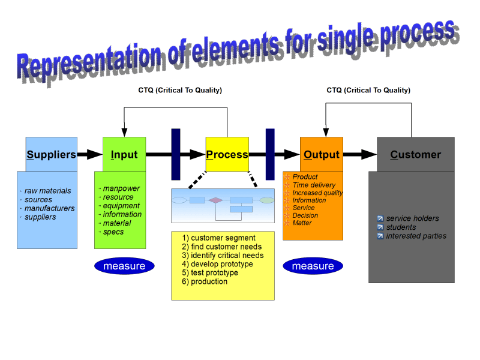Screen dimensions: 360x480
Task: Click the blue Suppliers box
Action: tap(51, 154)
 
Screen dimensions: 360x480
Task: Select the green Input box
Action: tap(124, 154)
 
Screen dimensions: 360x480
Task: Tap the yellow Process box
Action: tap(227, 154)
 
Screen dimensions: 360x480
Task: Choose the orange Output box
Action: tap(322, 154)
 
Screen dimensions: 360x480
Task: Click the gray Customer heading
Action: tap(415, 154)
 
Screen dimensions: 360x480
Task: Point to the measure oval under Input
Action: tap(124, 266)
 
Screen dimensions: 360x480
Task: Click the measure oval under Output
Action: tap(313, 266)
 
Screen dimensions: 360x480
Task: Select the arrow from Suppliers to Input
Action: tap(90, 154)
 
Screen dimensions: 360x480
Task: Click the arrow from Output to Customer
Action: tap(359, 154)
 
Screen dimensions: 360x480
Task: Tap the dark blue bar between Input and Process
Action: tap(176, 154)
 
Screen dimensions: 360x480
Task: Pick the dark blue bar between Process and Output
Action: tap(270, 154)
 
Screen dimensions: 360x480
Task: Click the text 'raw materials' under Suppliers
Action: tap(47, 191)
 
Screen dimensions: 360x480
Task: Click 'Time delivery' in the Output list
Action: tap(314, 185)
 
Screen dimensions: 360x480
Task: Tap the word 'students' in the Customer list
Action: tap(401, 227)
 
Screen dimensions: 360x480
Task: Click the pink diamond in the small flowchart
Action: tap(216, 200)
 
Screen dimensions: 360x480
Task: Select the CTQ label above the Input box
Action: tap(180, 90)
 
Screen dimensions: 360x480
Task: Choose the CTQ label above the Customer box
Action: tap(368, 90)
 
